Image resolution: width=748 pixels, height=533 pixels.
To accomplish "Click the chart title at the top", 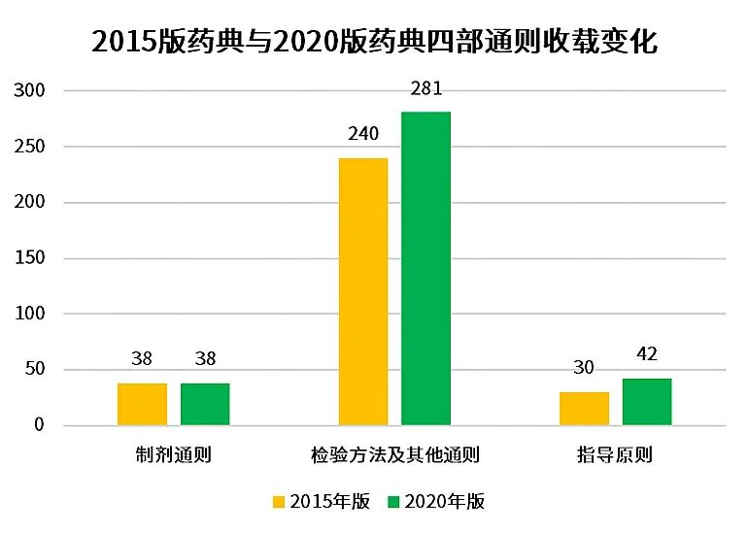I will pos(374,42).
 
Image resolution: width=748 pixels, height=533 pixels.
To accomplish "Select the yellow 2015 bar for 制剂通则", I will pos(142,404).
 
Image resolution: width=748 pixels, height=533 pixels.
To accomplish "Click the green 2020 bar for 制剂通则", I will pos(205,404).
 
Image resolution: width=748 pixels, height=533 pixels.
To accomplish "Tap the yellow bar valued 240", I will pos(363,291).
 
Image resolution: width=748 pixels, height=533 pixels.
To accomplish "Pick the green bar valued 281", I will pos(425,269).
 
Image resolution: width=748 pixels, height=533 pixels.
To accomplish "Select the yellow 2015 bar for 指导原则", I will pos(584,409).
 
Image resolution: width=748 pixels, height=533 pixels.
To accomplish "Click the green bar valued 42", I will pos(647,402).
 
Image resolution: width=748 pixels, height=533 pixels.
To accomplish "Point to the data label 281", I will pos(426,89).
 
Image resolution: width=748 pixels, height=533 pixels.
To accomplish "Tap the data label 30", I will pos(584,368).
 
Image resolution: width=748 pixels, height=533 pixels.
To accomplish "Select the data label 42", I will pos(647,354).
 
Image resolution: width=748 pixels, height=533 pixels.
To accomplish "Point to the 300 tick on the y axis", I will pos(34,90).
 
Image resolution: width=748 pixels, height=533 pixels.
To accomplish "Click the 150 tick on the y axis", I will pos(34,258).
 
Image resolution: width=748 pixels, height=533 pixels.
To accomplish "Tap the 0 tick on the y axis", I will pos(40,425).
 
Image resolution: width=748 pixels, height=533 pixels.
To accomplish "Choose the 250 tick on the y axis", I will pos(34,147).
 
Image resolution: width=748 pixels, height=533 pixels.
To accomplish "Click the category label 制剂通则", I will pos(174,454).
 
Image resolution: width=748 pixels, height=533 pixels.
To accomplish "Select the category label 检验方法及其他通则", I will pos(395,454).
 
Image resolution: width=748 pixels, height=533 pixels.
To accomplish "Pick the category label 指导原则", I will pos(616,454).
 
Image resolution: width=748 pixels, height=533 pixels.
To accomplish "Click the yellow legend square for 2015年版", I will pos(279,502).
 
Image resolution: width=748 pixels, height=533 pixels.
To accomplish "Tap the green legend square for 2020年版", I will pos(393,502).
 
